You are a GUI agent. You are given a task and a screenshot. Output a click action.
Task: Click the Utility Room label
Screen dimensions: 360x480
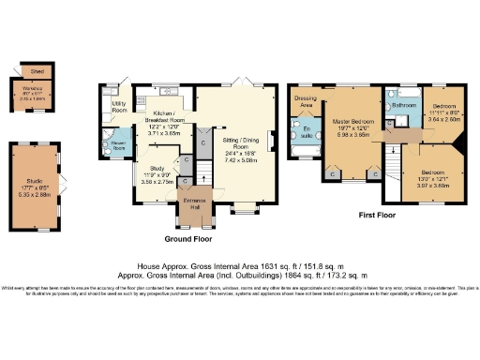[x=119, y=106]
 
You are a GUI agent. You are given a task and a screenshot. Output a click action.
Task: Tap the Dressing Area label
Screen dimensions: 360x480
[x=304, y=100]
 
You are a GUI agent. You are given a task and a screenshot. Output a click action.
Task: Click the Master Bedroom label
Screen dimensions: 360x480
[x=357, y=122]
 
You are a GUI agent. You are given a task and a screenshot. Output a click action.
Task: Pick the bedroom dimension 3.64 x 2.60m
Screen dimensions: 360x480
[x=444, y=119]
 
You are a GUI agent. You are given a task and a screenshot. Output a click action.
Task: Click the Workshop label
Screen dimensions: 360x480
[x=34, y=90]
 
